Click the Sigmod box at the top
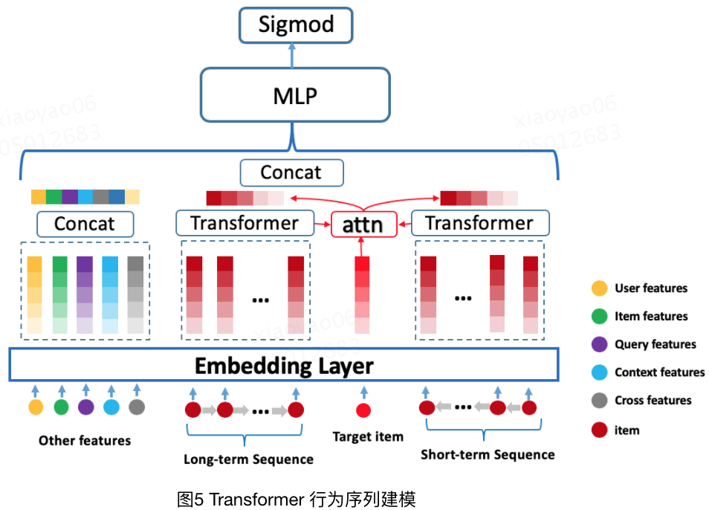coord(295,25)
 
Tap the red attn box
coord(363,224)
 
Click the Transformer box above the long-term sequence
coord(244,223)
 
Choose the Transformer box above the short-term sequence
coord(479,223)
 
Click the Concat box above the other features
coord(85,224)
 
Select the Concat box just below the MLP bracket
coord(291,172)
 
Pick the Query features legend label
coord(655,344)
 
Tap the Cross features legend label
coord(653,400)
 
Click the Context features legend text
coord(659,372)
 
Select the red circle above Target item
coord(363,410)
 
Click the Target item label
coord(367,436)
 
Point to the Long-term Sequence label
coord(248,459)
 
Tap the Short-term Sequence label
coord(487,454)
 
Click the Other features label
coord(85,440)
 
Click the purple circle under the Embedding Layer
coord(86,407)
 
